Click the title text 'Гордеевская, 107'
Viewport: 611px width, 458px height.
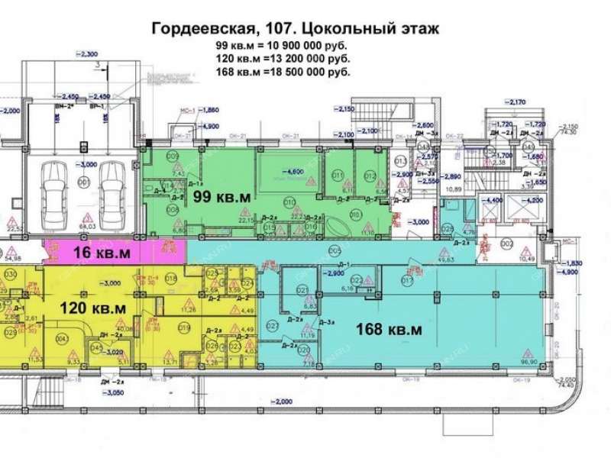[221, 29]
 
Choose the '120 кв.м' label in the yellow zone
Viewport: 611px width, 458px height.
[92, 308]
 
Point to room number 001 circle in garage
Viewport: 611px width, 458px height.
[81, 182]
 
